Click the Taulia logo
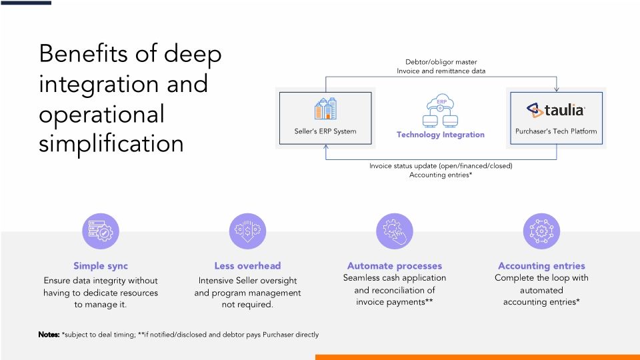[555, 110]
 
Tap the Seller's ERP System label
[325, 131]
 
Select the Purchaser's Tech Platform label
[556, 131]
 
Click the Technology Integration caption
[441, 135]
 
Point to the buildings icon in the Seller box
[325, 109]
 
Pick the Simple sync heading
[101, 265]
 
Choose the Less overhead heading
[247, 265]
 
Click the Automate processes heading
[395, 265]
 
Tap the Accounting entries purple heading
[541, 265]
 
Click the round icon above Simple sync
[101, 231]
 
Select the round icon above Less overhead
[247, 231]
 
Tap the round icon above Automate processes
[395, 231]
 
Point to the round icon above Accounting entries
[541, 231]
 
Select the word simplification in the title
[111, 143]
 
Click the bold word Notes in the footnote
[49, 334]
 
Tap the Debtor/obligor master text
[441, 62]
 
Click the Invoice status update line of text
[441, 165]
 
